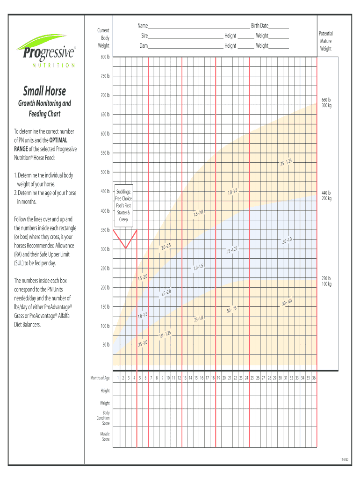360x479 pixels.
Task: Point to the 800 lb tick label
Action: coord(105,57)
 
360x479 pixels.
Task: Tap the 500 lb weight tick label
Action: coord(105,172)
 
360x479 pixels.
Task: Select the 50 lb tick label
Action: coord(106,345)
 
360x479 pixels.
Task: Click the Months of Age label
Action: coord(100,378)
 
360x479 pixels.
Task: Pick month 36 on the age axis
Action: coord(314,378)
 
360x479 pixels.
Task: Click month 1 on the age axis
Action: coord(117,378)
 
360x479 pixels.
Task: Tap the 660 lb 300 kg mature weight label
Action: coord(326,102)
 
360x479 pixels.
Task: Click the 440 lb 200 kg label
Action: coord(326,196)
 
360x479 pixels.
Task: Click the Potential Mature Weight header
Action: coord(325,41)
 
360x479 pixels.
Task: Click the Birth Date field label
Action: coord(259,26)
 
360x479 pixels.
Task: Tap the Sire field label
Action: coord(145,36)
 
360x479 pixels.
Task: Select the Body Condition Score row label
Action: coord(103,418)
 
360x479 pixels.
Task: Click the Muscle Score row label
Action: coord(105,436)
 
